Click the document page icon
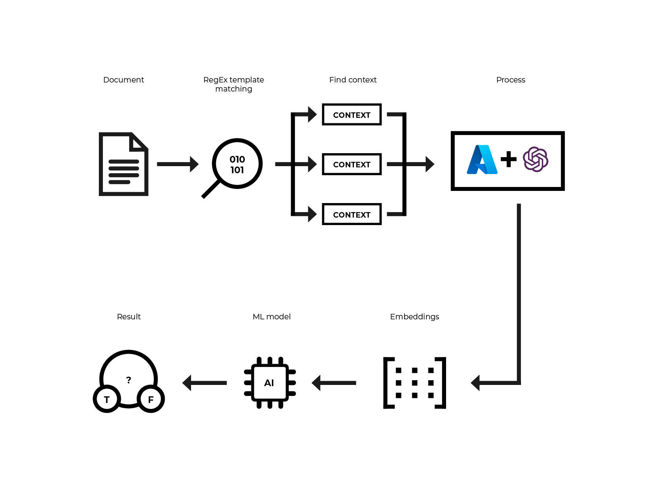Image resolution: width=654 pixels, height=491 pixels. (123, 164)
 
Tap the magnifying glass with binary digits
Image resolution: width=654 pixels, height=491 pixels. (237, 164)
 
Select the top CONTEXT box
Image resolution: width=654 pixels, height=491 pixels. (352, 115)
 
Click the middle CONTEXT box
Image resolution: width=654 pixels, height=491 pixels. (352, 164)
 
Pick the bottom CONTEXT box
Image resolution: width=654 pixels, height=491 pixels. (352, 214)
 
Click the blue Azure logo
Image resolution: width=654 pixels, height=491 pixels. (482, 159)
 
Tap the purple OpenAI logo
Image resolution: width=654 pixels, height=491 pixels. (536, 159)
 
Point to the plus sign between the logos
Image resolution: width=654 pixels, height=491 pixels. (508, 159)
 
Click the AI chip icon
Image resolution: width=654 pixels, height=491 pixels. (270, 383)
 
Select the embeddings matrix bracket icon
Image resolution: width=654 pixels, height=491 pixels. (414, 383)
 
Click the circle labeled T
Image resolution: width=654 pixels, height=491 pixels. (107, 399)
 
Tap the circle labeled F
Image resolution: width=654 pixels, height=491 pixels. (151, 399)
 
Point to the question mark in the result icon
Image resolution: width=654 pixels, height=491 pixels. (129, 380)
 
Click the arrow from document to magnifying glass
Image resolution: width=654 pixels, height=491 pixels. (177, 164)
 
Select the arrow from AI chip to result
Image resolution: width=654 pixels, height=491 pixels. (205, 383)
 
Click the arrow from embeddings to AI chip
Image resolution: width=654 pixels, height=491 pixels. (334, 383)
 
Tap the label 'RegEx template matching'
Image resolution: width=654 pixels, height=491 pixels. (233, 84)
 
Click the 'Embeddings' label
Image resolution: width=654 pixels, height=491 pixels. (414, 317)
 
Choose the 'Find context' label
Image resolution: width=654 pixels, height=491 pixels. (353, 80)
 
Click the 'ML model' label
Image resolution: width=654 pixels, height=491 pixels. (271, 317)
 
